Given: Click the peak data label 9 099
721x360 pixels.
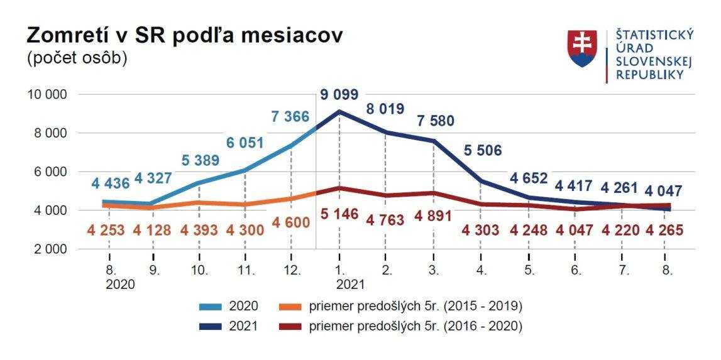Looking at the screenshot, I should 339,95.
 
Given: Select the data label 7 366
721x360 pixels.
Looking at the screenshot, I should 291,117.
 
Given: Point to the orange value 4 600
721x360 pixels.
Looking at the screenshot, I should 291,224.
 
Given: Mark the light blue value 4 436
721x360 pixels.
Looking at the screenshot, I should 110,184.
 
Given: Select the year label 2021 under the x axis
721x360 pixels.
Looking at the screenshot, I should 350,284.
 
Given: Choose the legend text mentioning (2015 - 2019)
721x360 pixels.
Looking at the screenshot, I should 416,307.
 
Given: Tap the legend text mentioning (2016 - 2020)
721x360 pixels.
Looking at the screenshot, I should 416,326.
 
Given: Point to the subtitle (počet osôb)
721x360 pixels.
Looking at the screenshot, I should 77,58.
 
